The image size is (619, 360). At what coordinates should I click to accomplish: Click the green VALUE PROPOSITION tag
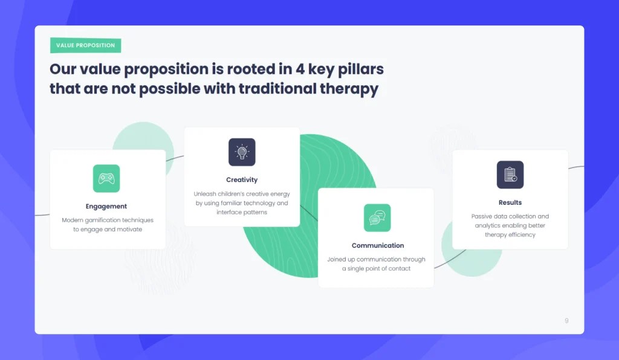point(85,45)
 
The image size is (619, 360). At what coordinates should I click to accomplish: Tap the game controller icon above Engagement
point(106,178)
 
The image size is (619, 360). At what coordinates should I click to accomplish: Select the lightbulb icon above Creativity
point(242,152)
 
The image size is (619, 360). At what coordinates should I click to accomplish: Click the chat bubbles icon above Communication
point(377,217)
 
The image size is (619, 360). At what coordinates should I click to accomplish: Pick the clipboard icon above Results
point(510,175)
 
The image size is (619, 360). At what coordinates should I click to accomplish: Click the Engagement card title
point(106,207)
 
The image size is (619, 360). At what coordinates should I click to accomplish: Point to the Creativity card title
point(242,180)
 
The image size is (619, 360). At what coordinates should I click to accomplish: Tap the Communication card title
point(378,246)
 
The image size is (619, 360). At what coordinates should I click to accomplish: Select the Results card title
point(510,203)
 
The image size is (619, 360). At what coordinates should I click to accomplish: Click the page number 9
point(566,321)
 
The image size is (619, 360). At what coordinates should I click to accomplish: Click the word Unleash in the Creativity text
point(205,194)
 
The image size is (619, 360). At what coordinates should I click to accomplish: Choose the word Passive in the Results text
point(482,216)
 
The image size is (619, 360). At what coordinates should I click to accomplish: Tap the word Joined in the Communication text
point(337,260)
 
